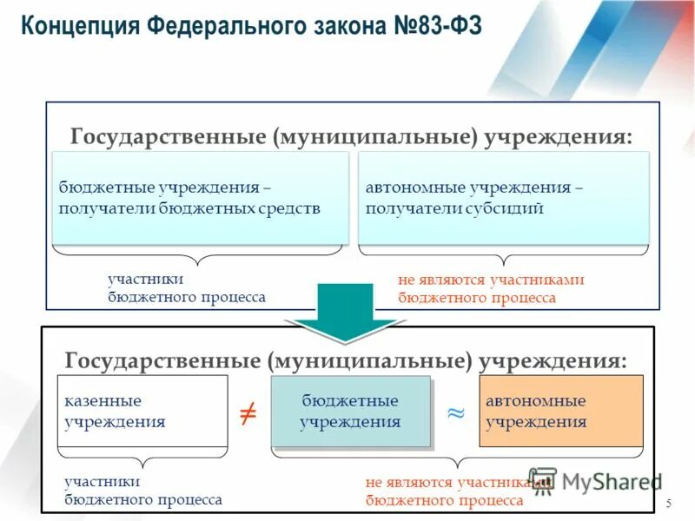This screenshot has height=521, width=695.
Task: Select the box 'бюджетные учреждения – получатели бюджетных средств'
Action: point(200,198)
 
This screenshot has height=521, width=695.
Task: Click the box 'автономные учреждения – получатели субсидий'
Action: point(503,198)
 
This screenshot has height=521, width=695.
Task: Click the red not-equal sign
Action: point(248,413)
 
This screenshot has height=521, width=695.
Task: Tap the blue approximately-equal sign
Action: point(455,413)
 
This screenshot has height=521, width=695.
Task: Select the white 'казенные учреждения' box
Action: point(142,412)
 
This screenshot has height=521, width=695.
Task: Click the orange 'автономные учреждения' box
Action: point(561,412)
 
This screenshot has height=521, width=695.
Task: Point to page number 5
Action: point(668,505)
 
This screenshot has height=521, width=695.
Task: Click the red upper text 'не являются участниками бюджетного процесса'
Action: point(491,289)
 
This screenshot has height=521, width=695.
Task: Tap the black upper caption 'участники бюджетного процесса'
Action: point(186,288)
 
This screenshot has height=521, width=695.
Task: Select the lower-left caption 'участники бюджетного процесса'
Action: point(142,491)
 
